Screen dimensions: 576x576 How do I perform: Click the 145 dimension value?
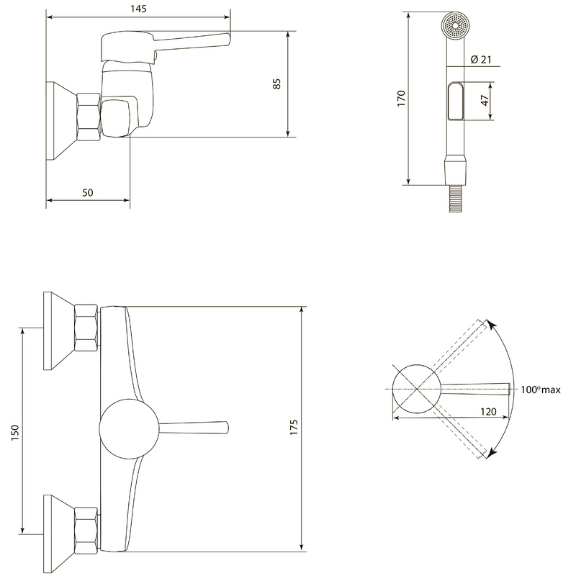(138, 9)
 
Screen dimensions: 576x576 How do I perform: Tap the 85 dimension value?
(277, 84)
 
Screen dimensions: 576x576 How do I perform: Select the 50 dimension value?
(87, 192)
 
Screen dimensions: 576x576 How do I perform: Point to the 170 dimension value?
(401, 99)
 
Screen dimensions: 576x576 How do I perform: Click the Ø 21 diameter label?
(481, 59)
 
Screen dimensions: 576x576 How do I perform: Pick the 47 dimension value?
(485, 100)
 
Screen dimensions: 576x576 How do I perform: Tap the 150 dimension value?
(14, 433)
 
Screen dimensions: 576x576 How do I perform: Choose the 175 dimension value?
(294, 427)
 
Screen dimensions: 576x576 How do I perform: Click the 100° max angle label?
(541, 390)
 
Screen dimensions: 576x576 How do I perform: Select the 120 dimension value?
(488, 412)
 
